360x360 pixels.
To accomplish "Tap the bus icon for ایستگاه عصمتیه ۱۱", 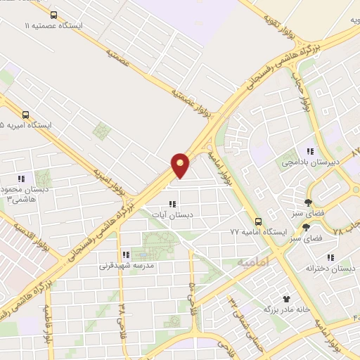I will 55,15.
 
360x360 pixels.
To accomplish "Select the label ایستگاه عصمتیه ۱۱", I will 54,25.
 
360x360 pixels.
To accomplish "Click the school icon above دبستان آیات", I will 172,204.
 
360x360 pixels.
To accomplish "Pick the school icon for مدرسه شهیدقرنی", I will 125,255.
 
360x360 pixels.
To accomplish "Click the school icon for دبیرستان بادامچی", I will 309,151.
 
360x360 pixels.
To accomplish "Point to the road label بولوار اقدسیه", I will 28,239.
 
